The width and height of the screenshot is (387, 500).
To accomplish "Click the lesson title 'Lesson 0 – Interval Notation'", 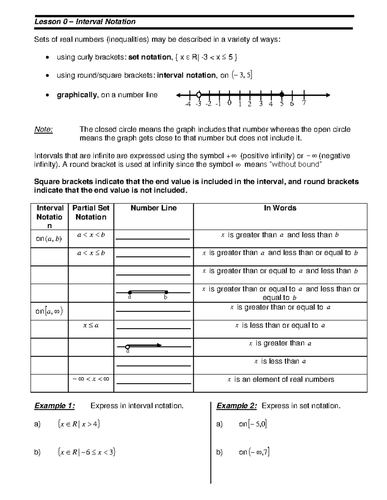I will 85,22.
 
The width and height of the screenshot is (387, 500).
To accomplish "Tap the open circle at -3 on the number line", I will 199,95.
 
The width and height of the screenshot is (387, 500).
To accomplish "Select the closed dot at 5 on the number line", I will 282,95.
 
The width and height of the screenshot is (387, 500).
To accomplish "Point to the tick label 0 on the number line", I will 229,103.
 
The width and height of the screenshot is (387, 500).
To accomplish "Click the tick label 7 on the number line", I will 303,103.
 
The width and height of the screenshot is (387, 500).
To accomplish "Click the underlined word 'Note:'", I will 44,130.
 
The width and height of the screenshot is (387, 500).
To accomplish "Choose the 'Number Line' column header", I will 154,208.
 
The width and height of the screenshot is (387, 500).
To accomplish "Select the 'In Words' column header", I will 280,208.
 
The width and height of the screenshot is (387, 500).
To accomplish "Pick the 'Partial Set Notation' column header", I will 91,212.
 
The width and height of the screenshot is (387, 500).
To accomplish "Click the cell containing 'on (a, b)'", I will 49,239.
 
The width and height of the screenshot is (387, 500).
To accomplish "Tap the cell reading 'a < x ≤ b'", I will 91,253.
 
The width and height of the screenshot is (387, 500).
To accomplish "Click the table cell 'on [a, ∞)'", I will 49,311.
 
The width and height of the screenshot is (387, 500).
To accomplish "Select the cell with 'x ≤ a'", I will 91,325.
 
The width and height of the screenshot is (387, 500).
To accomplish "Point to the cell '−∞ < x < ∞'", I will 91,379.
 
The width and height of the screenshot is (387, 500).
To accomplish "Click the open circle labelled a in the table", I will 127,347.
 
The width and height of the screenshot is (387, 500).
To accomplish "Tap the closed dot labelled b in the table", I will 166,292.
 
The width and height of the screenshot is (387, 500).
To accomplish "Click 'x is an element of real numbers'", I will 280,380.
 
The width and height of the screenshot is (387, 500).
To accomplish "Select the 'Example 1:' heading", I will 55,406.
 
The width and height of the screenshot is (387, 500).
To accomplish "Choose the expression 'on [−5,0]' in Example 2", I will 253,424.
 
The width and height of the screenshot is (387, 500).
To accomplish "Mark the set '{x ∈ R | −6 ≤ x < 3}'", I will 86,452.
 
